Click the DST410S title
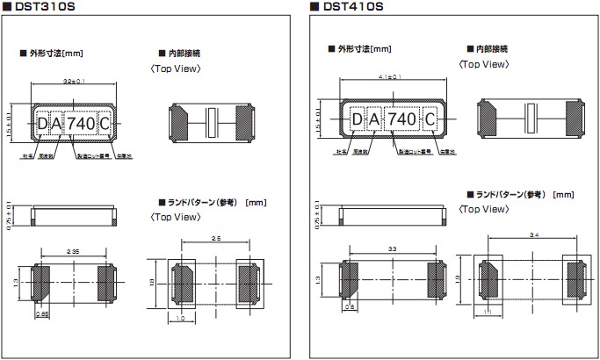click(355, 8)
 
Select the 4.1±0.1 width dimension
click(389, 77)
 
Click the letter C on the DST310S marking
click(104, 124)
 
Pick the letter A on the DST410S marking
click(373, 119)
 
